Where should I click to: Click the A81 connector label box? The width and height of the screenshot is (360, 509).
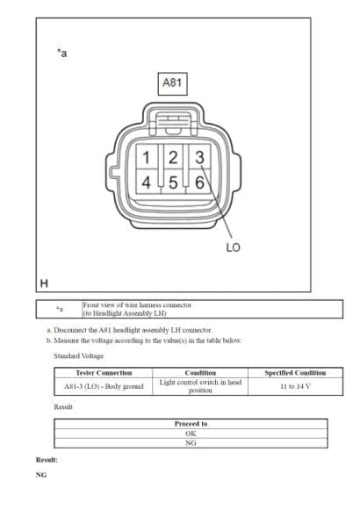click(x=172, y=83)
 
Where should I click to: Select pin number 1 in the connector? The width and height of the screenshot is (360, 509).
click(x=146, y=157)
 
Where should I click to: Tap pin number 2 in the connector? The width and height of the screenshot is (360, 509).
click(x=173, y=157)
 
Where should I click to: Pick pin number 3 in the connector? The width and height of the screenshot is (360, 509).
click(x=199, y=157)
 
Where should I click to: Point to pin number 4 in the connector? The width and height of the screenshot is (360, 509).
click(x=146, y=183)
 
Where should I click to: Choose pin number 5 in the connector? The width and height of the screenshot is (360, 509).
click(x=173, y=183)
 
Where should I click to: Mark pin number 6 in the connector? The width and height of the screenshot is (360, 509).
click(x=199, y=183)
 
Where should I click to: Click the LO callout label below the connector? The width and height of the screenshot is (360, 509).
click(x=233, y=247)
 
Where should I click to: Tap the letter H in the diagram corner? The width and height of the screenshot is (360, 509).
click(x=44, y=283)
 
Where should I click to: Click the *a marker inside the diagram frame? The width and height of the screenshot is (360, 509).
click(x=62, y=53)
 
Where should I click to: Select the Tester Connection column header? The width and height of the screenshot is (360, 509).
click(x=104, y=373)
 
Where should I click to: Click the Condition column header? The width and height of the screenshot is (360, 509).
click(x=200, y=373)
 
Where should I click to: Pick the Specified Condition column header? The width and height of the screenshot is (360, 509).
click(x=295, y=373)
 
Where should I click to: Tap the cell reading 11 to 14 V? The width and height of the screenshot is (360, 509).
click(x=295, y=386)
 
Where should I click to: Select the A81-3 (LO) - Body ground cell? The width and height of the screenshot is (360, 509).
click(x=104, y=386)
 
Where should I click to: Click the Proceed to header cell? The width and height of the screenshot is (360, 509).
click(x=191, y=424)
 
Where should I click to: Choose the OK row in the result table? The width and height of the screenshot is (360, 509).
click(x=191, y=434)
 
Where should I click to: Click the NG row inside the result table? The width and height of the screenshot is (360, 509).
click(x=191, y=443)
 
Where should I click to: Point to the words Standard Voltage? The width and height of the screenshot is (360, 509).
click(x=78, y=355)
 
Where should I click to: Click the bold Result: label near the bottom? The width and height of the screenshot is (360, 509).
click(x=47, y=460)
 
